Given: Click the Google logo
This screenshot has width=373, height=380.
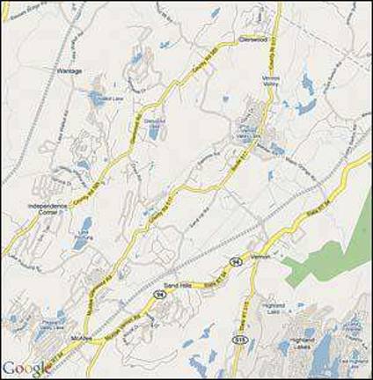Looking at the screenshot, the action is (x=27, y=368).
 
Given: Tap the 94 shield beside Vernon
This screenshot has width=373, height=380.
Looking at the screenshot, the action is (x=238, y=261).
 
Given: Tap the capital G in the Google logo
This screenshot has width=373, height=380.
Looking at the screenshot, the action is (x=10, y=367).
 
